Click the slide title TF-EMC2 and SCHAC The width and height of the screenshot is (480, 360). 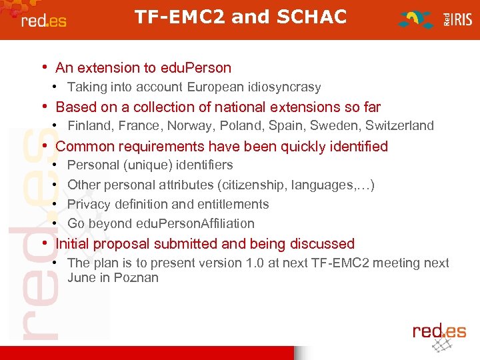point(241,17)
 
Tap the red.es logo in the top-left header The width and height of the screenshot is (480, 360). point(44,20)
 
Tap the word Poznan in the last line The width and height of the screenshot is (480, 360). point(136,277)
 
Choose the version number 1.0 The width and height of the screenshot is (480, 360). point(254,263)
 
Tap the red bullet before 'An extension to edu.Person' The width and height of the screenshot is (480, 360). point(44,67)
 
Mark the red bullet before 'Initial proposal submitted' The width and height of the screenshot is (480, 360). point(44,243)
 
